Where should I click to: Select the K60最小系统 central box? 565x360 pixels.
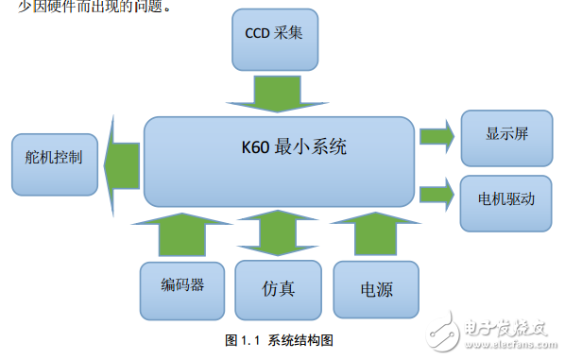(279, 161)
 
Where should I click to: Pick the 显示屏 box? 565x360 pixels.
(506, 134)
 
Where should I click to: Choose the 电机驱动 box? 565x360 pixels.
(506, 201)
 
